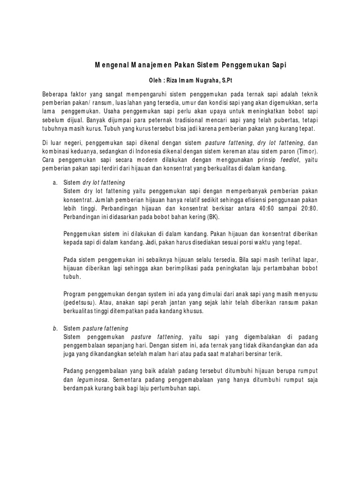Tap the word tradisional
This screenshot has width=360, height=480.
point(198,120)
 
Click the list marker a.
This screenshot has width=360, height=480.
point(54,182)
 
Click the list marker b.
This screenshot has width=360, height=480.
point(54,329)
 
